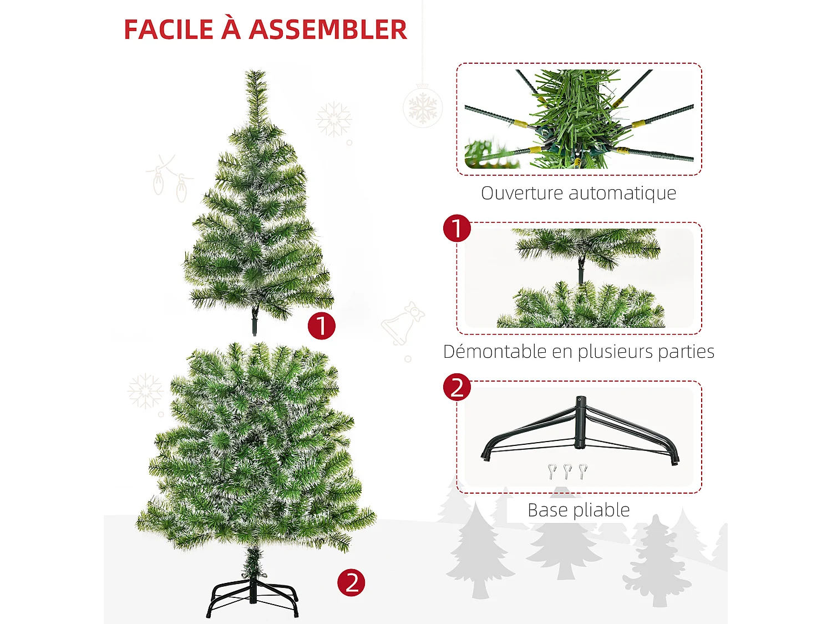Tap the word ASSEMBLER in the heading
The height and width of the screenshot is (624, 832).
coord(328,30)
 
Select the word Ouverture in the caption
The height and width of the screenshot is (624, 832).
coord(522,193)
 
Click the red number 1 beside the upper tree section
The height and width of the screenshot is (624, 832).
coord(322,326)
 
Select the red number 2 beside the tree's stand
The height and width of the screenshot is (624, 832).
coord(351,583)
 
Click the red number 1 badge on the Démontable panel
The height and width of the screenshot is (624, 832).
coord(457,229)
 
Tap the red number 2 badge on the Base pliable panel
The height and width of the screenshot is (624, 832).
coord(457,387)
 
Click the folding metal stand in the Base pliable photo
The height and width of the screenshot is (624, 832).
coord(580,433)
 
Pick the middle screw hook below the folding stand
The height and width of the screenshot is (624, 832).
coord(567,471)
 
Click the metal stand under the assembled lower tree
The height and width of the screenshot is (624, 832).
coord(253,596)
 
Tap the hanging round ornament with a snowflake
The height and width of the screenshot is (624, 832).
coord(423,107)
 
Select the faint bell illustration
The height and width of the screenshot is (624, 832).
coord(402,323)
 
